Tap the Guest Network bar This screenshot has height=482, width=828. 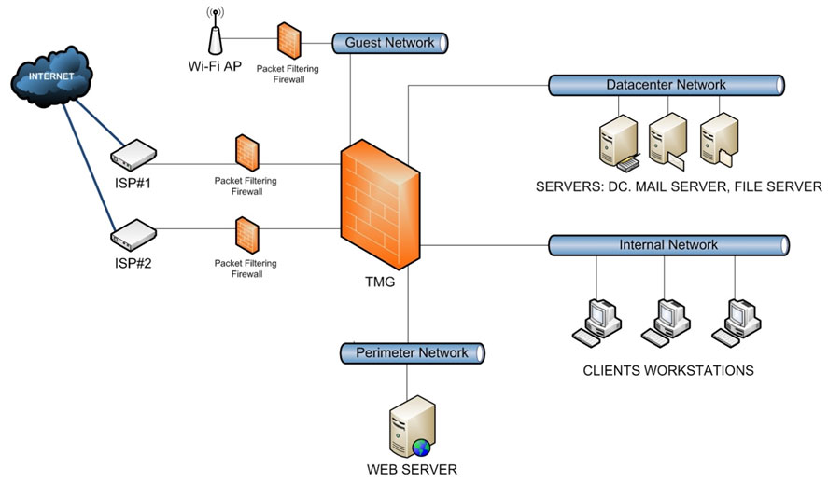(x=390, y=43)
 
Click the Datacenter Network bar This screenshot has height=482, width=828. (x=666, y=85)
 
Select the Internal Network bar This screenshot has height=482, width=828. (x=668, y=245)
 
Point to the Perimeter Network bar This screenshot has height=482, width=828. (x=412, y=353)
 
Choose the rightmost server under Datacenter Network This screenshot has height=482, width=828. (x=717, y=140)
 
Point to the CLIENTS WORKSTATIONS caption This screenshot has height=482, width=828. (x=667, y=371)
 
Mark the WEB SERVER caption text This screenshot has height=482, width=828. (x=412, y=469)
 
